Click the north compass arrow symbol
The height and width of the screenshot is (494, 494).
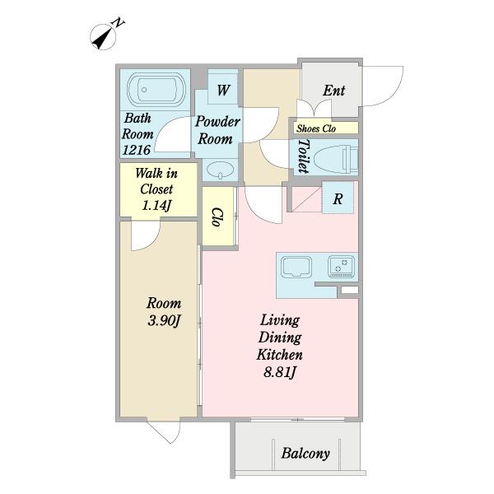103,36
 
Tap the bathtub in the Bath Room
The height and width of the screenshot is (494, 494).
156,90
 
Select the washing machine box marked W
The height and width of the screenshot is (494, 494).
223,87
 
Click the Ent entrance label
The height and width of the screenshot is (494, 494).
333,91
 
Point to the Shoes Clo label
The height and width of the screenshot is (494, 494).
316,128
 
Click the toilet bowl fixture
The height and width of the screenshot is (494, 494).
337,157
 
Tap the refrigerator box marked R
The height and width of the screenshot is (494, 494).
338,198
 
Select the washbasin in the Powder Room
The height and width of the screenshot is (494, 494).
220,170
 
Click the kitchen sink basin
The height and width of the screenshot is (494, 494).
296,267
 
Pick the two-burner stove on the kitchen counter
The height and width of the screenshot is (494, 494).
341,267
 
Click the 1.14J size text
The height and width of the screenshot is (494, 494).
156,206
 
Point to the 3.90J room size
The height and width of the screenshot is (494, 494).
164,321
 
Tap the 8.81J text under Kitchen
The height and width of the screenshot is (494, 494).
279,373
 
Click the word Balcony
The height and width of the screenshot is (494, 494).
305,454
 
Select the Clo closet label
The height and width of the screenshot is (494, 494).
217,217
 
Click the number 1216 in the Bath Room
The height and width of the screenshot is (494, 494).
136,150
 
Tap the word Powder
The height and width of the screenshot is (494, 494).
217,122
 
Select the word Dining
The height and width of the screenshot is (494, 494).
280,338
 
